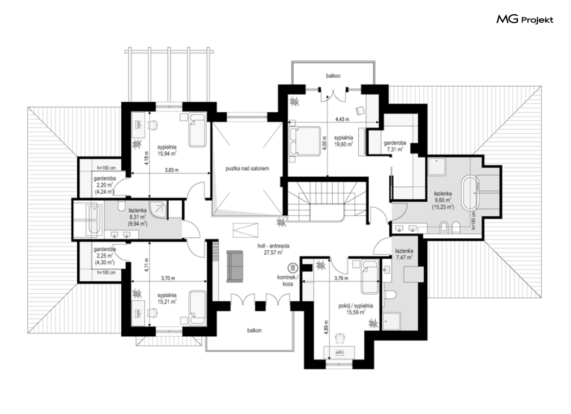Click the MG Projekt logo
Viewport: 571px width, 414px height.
pos(525,20)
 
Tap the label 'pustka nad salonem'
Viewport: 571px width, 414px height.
pos(247,169)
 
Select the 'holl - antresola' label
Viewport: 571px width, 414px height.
pos(274,246)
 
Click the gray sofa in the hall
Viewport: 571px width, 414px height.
pos(234,266)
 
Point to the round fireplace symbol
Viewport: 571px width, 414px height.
pos(293,268)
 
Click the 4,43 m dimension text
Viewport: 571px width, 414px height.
pos(342,119)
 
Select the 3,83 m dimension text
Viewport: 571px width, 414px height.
pos(171,170)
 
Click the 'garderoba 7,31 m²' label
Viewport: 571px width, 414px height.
pos(395,146)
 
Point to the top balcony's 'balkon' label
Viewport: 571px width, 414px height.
pos(333,76)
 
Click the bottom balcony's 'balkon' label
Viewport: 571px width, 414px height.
pos(254,331)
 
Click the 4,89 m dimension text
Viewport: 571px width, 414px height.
pos(326,330)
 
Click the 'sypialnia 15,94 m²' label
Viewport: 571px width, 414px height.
pos(167,150)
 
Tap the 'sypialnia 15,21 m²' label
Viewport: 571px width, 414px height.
pos(167,298)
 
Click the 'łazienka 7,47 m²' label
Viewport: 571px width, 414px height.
pos(404,254)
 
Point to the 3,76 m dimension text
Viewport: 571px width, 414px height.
pos(341,279)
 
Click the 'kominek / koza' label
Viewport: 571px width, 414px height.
pos(287,280)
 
